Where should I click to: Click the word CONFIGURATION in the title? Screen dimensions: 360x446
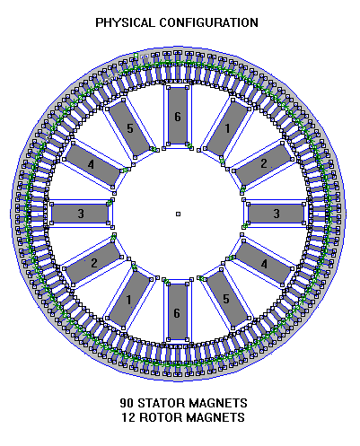[208, 22]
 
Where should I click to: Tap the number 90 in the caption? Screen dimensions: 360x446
[127, 403]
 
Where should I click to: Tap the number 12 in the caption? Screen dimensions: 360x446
[128, 417]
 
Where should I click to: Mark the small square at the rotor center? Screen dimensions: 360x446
[178, 214]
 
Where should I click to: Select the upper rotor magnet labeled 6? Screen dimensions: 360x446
[178, 116]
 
